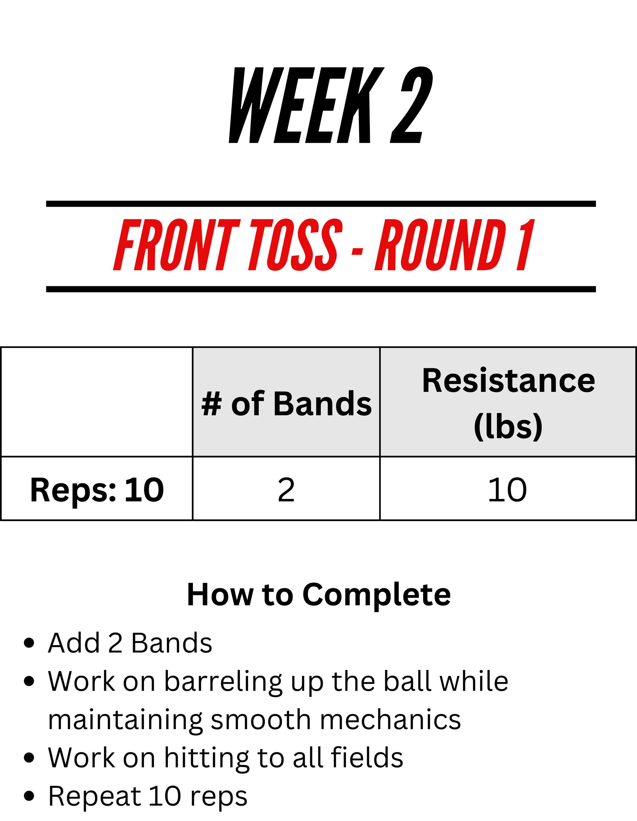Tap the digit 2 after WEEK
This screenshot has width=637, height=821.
(412, 105)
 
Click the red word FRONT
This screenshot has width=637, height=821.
(176, 245)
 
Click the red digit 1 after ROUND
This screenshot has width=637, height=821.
(525, 245)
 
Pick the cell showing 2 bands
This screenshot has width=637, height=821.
(286, 489)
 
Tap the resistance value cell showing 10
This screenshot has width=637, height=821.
(508, 489)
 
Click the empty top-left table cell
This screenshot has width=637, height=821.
(97, 402)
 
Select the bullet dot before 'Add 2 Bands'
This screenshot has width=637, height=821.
(29, 643)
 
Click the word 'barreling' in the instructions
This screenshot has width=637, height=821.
(223, 682)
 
